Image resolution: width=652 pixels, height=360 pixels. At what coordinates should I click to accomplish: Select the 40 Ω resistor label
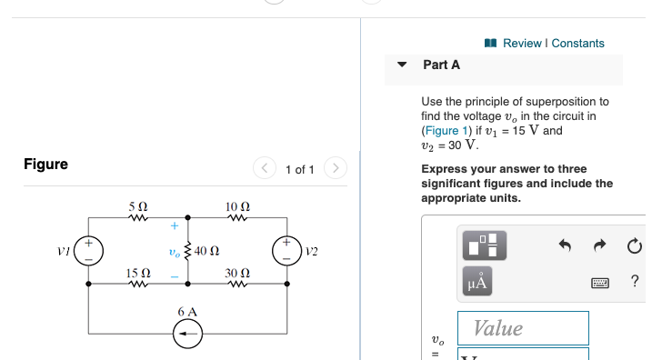point(206,250)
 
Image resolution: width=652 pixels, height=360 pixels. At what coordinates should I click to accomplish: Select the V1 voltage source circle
point(88,250)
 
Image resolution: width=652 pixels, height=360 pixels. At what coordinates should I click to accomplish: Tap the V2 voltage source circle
point(286,250)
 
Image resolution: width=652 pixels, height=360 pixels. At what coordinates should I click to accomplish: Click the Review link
point(521,43)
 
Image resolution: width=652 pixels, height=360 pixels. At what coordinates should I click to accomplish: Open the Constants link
point(577,43)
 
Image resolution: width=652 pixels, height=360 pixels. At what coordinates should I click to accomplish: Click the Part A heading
point(441,65)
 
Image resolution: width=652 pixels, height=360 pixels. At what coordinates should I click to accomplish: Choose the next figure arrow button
point(336,169)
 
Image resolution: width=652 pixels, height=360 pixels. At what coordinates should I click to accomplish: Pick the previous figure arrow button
point(266,169)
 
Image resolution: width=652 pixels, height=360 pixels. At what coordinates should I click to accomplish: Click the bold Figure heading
point(45,164)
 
